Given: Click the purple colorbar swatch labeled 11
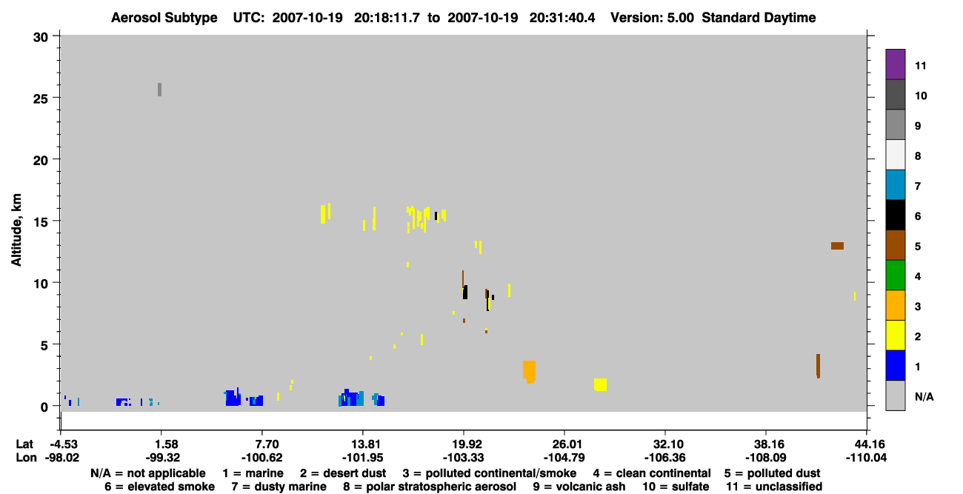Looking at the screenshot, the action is (x=895, y=64).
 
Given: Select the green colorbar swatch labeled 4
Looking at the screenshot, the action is (x=895, y=276).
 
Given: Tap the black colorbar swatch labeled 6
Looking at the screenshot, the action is (x=895, y=215).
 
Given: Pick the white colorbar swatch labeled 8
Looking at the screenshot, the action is (x=895, y=155).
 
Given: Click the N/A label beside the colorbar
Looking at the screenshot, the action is (x=924, y=396).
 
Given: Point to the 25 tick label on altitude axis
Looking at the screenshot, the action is (x=40, y=99).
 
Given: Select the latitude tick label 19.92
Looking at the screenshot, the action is (x=464, y=444).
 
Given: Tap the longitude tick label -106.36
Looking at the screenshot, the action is (x=664, y=458).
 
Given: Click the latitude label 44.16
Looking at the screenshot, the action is (x=866, y=444).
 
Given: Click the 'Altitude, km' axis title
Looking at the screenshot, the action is (x=16, y=230).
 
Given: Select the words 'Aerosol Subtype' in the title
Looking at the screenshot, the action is (x=164, y=18).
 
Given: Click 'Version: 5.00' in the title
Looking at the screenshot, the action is (x=652, y=18).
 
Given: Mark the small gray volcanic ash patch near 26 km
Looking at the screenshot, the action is (x=159, y=90).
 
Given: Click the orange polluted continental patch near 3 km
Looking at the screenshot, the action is (x=529, y=372).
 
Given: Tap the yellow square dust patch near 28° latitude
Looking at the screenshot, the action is (x=600, y=384).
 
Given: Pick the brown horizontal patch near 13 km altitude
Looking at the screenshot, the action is (x=837, y=246).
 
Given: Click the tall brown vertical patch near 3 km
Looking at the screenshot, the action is (x=818, y=366).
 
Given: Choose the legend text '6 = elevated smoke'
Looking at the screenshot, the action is (x=159, y=487).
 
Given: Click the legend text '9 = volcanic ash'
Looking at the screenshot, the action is (x=579, y=487).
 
